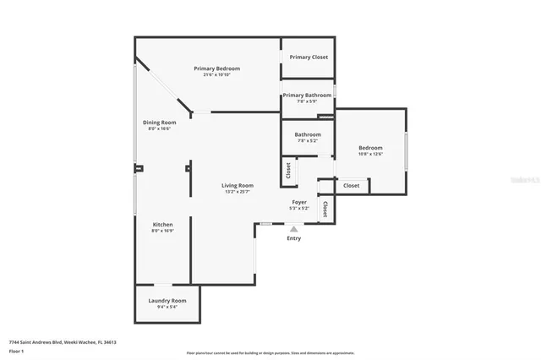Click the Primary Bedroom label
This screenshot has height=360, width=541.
(x=216, y=68)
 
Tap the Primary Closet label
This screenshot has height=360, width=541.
(x=308, y=57)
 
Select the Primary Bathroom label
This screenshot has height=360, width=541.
(x=307, y=95)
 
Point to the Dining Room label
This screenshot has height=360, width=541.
(x=159, y=123)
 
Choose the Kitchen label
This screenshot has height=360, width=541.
(x=162, y=225)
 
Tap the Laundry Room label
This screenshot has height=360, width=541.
(x=167, y=301)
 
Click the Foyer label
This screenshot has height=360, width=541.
(x=299, y=202)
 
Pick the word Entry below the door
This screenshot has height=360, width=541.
(x=293, y=238)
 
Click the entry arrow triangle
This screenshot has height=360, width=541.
(x=293, y=228)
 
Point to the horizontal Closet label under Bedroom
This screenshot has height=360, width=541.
(x=351, y=185)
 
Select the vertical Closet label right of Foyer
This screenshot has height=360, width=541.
(x=325, y=208)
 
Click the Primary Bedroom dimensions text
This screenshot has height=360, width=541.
(x=216, y=75)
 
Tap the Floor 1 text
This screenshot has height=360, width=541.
(x=16, y=350)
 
